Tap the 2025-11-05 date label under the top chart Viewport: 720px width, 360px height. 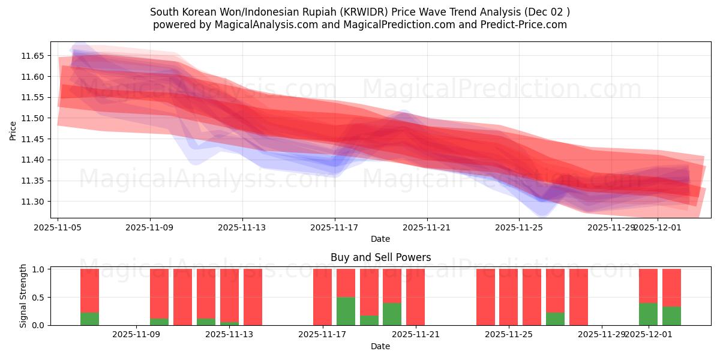point(58,227)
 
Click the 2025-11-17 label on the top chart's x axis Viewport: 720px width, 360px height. point(335,227)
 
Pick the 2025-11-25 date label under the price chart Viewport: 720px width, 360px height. point(520,227)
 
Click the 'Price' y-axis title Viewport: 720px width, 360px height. point(13,130)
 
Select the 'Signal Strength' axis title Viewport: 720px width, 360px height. point(23,296)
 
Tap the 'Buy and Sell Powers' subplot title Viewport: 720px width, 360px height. point(380,257)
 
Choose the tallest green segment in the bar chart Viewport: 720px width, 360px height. point(346,311)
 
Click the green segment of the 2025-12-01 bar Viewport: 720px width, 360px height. point(648,314)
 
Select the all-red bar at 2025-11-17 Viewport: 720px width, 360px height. point(322,297)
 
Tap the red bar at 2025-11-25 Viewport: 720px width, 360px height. point(508,297)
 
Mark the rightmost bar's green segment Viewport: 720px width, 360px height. point(671,316)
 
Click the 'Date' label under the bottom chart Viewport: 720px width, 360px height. point(380,346)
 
